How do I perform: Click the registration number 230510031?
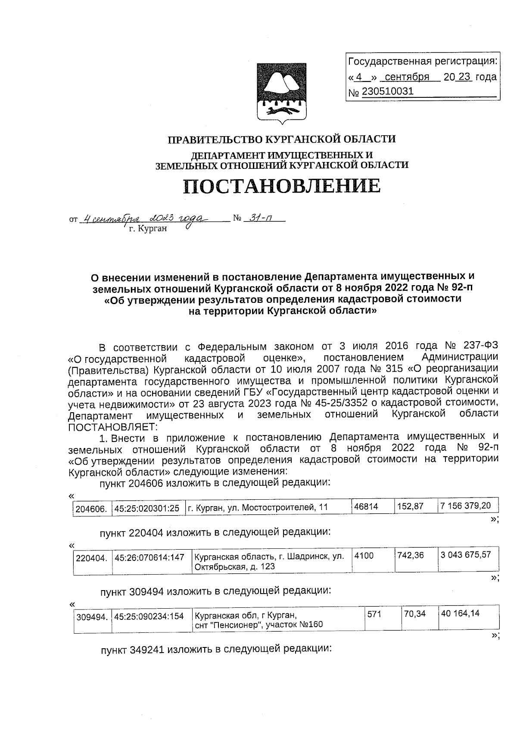pos(387,91)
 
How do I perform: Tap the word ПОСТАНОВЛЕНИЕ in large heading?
pos(282,186)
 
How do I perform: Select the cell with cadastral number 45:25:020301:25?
pos(146,508)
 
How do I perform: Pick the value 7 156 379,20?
pos(465,506)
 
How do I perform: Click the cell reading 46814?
pos(366,507)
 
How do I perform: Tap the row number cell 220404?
pos(91,559)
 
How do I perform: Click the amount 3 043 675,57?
pos(465,555)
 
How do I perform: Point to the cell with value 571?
pos(374,614)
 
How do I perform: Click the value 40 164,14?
pos(460,613)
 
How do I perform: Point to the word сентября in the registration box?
pos(407,77)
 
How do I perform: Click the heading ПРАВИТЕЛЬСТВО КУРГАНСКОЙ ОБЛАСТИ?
pos(281,139)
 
